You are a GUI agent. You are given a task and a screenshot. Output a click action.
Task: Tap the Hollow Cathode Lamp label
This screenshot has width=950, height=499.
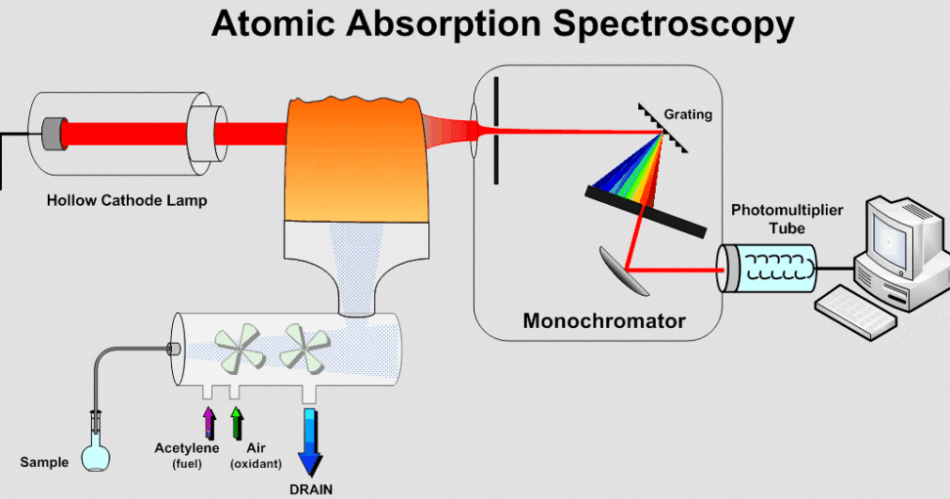click(x=127, y=200)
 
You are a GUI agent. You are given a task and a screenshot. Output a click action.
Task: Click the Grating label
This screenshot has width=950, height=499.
click(x=688, y=115)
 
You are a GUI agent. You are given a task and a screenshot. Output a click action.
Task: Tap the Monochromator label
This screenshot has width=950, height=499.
click(x=604, y=321)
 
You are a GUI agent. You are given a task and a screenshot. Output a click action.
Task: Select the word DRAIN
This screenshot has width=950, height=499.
click(x=310, y=489)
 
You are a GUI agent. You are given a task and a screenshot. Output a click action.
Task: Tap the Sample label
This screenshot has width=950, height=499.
click(x=44, y=462)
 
